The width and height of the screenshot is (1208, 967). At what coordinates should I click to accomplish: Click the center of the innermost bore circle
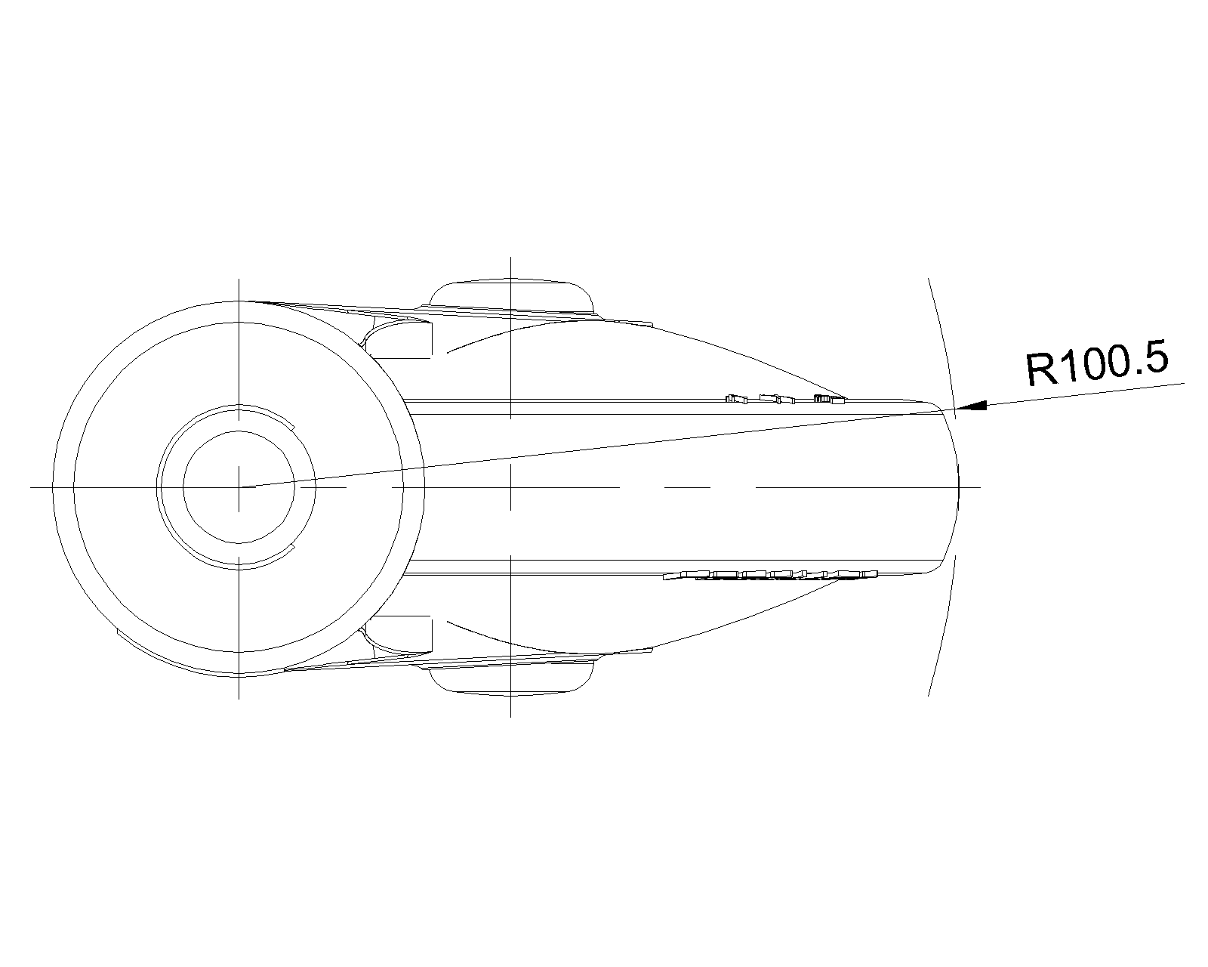(239, 487)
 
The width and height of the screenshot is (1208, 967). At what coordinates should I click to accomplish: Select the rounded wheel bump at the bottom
(510, 678)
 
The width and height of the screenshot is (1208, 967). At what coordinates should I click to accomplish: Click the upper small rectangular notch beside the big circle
(404, 339)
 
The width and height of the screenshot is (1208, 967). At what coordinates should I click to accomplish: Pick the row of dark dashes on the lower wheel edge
(770, 576)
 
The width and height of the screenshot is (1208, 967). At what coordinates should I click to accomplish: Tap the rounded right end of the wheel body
(957, 487)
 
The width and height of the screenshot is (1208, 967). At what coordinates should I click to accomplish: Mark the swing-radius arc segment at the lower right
(944, 627)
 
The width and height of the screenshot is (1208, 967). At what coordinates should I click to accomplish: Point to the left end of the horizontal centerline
(32, 487)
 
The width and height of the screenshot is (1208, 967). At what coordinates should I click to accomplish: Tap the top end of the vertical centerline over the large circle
(239, 280)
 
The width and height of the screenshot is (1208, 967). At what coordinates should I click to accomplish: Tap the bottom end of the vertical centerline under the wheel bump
(510, 715)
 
